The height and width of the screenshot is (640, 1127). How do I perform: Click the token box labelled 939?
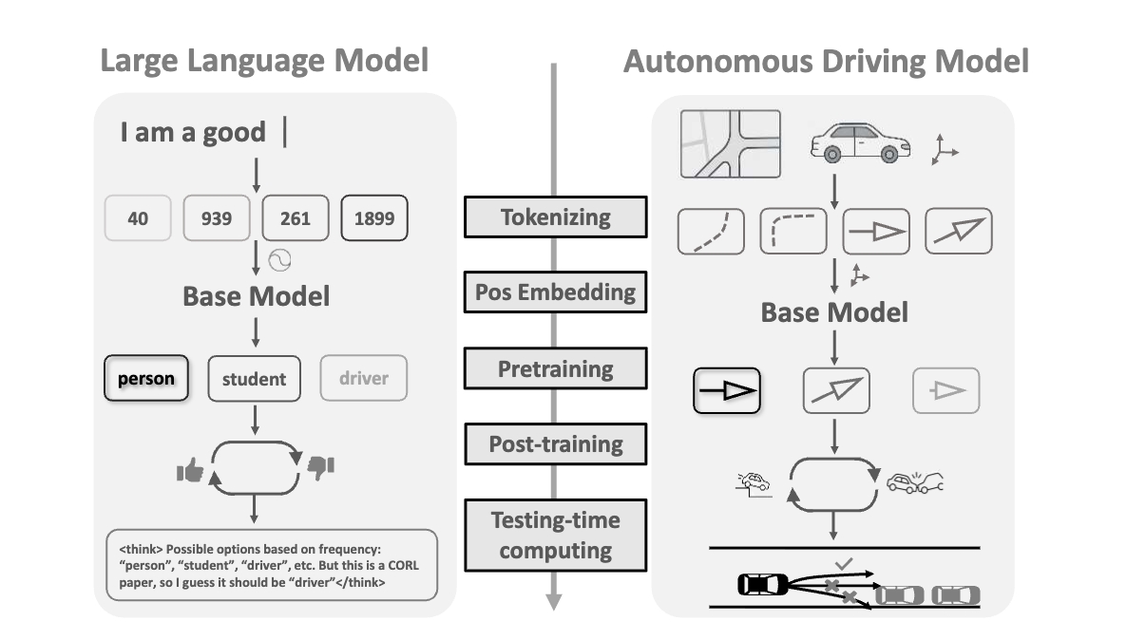[x=216, y=217]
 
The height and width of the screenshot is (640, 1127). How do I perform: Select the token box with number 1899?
[x=374, y=217]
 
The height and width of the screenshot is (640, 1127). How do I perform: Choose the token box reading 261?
[x=296, y=217]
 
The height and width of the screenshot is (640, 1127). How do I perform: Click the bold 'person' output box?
[x=145, y=378]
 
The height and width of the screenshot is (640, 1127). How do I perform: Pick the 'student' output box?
[x=254, y=379]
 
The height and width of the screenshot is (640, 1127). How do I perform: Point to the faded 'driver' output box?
[x=364, y=378]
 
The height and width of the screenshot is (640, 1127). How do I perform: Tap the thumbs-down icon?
[x=320, y=466]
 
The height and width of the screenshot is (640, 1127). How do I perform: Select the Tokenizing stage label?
[x=555, y=216]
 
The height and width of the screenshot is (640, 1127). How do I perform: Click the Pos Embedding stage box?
[x=555, y=292]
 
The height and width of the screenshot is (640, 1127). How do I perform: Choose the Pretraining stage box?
[x=555, y=368]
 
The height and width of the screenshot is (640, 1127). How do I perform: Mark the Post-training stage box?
[x=555, y=443]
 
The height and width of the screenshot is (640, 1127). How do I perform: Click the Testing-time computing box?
[x=555, y=535]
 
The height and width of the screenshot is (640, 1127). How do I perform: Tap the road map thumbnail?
[x=731, y=144]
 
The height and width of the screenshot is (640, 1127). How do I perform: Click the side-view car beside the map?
[x=860, y=144]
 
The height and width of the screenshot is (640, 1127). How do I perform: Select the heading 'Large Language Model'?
[x=264, y=61]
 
